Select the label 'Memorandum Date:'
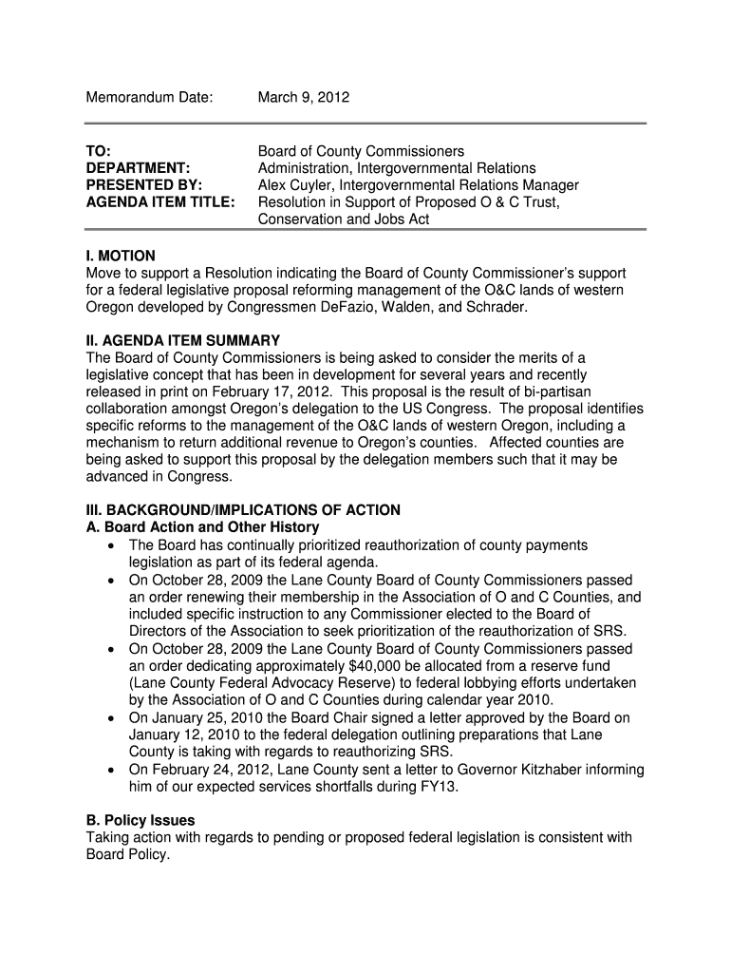coord(150,97)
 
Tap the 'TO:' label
coord(99,151)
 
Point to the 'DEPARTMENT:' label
coord(137,168)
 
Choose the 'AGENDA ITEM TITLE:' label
coord(160,202)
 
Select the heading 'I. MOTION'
coord(121,257)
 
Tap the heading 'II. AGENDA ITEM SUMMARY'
coord(183,340)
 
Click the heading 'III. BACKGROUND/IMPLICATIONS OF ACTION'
coord(243,510)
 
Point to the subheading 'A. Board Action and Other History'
coord(202,527)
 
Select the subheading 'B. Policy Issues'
coord(141,820)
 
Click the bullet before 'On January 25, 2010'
coord(113,717)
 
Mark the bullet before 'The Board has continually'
coord(113,545)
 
